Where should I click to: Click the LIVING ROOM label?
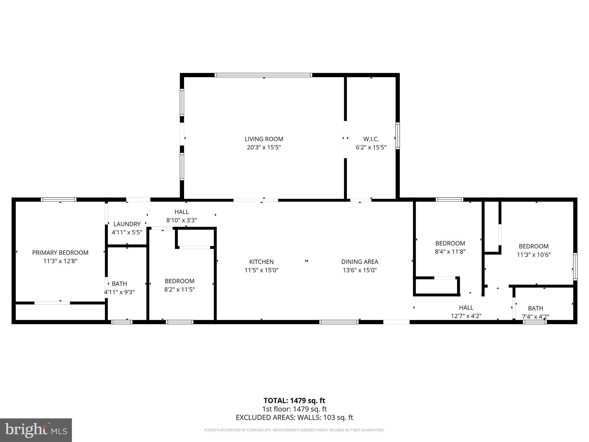(x=264, y=139)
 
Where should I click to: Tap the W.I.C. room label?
(x=371, y=139)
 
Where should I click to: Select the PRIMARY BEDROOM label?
(x=60, y=253)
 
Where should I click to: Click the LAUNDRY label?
(x=127, y=224)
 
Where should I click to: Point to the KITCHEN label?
(x=261, y=262)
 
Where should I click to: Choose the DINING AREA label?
(x=359, y=262)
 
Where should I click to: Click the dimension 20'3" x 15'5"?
(x=264, y=148)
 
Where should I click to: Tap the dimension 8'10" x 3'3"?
(x=181, y=220)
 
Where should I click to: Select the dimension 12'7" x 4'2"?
(x=466, y=316)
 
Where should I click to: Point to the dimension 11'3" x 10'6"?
(x=533, y=255)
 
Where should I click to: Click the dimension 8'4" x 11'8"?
(x=450, y=252)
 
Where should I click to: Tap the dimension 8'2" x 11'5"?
(x=179, y=289)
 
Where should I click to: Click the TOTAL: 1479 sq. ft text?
(x=294, y=401)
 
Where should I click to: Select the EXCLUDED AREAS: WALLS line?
(x=294, y=418)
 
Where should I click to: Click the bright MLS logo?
(x=36, y=430)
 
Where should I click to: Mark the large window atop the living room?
(x=263, y=75)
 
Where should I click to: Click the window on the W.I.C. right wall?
(x=397, y=136)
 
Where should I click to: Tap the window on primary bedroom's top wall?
(x=58, y=199)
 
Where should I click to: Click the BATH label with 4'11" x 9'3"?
(x=119, y=284)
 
